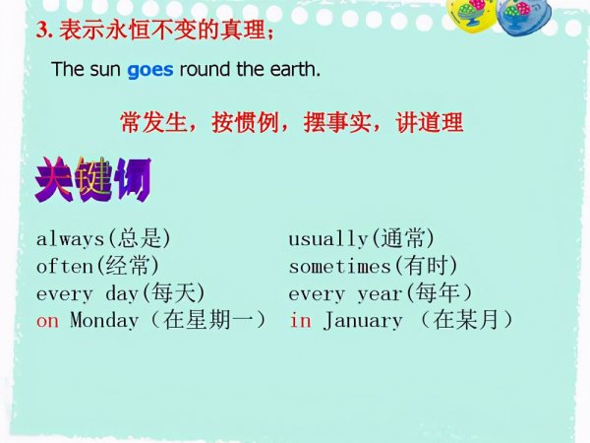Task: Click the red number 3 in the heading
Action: point(42,31)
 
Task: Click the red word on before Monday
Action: point(47,321)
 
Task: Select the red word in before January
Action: point(300,321)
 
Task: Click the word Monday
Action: point(104,321)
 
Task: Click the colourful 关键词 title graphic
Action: point(91,179)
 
